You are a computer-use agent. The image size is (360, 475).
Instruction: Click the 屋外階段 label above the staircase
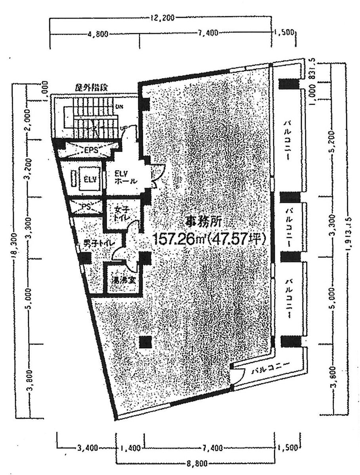coord(92,87)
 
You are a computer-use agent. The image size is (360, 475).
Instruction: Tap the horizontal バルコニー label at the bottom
coord(271,370)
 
